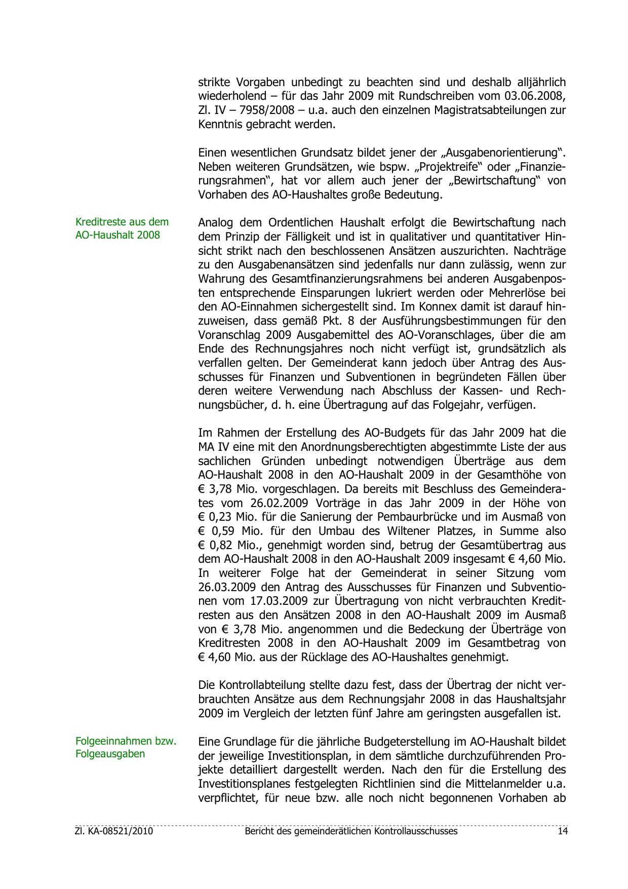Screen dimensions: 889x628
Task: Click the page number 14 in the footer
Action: click(562, 831)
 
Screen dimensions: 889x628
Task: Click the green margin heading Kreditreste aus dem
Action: click(122, 222)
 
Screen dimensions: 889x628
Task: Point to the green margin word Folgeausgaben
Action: click(110, 753)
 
